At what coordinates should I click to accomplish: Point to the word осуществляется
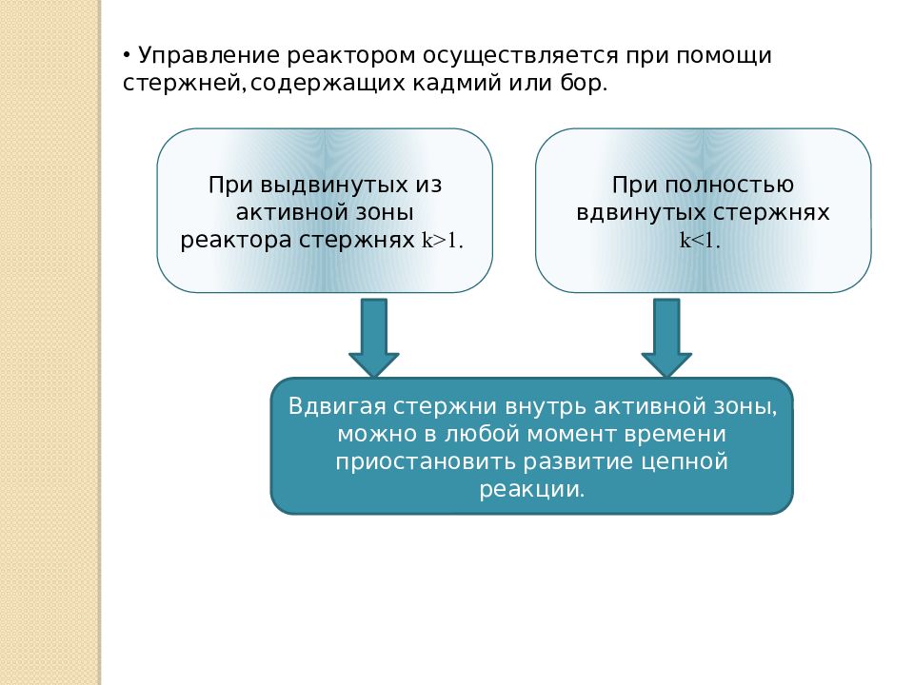point(520,56)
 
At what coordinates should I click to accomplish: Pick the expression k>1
point(442,241)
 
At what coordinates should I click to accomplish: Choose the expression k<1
point(700,241)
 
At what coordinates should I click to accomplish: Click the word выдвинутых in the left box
point(334,186)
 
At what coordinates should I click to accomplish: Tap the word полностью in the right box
point(728,186)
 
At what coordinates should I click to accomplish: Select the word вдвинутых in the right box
point(641,212)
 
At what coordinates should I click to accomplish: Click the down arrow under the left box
point(373,338)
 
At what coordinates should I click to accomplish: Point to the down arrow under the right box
point(666,338)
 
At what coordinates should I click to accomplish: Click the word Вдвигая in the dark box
point(337,406)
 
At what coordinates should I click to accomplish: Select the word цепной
point(685,461)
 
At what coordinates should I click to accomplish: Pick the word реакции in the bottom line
point(531,489)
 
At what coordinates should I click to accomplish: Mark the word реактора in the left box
point(235,241)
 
